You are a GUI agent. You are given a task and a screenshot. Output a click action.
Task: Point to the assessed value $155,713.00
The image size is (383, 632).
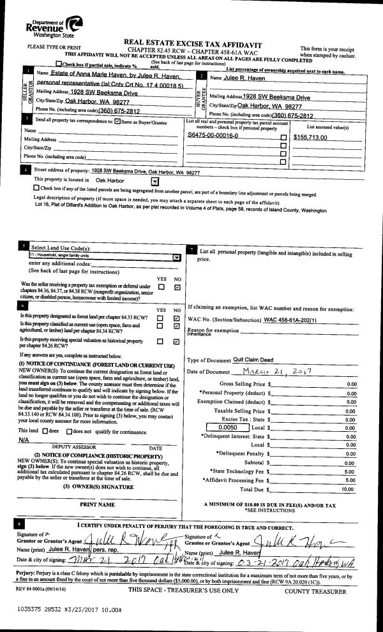point(310,137)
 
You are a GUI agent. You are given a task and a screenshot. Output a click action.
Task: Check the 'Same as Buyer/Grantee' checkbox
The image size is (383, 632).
point(117,121)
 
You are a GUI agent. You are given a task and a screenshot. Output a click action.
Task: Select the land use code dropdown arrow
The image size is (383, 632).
point(177,256)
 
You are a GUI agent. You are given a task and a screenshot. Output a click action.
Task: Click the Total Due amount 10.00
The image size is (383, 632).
point(349,489)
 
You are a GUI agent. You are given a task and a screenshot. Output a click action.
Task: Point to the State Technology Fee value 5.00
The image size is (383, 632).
point(350,471)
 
